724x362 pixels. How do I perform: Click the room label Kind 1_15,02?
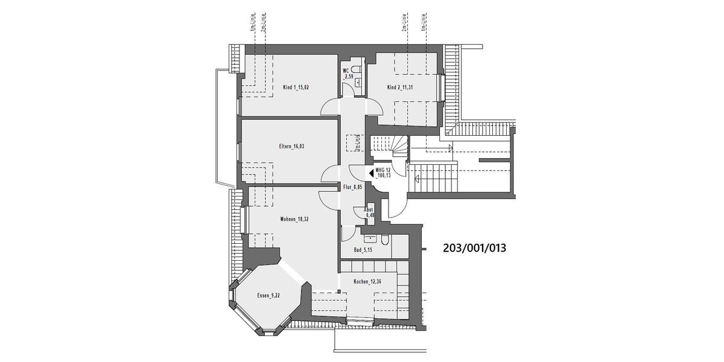pyautogui.click(x=296, y=87)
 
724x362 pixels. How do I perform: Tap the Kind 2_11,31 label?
pyautogui.click(x=401, y=87)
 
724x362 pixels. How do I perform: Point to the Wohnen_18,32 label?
pyautogui.click(x=295, y=219)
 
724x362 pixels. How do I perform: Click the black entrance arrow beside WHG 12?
pyautogui.click(x=371, y=174)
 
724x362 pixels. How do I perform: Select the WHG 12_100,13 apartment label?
pyautogui.click(x=384, y=174)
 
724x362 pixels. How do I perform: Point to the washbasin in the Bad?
pyautogui.click(x=369, y=231)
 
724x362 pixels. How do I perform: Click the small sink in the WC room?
pyautogui.click(x=358, y=82)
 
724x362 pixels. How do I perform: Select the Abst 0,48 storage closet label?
pyautogui.click(x=369, y=212)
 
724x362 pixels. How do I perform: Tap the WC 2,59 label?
pyautogui.click(x=347, y=74)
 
